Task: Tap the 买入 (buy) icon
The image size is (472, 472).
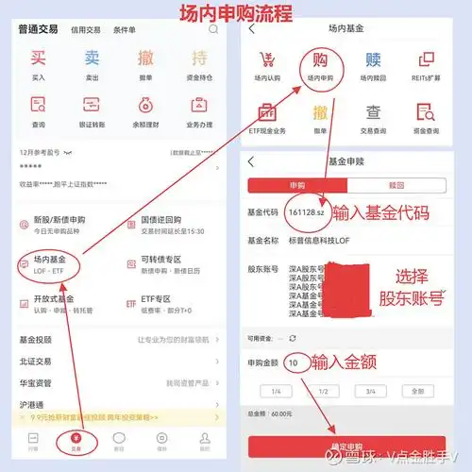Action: [38, 67]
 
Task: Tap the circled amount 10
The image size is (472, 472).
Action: [295, 362]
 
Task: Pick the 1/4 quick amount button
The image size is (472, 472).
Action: [275, 391]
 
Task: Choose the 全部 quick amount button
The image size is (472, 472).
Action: [416, 391]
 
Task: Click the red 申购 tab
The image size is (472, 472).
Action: [297, 185]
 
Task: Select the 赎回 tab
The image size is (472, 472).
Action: [396, 185]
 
